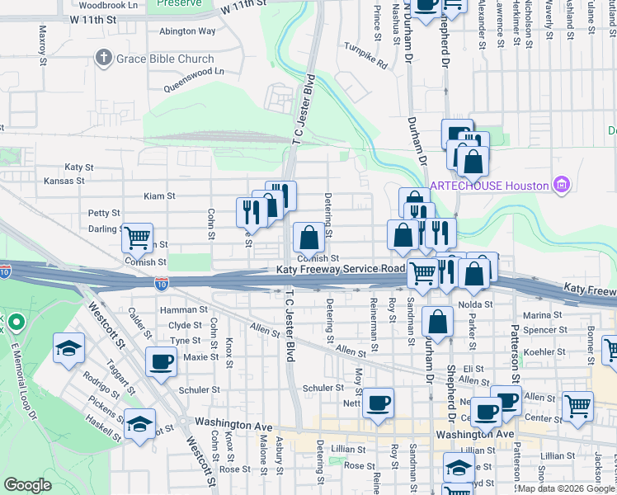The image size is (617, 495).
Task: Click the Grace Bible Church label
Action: [164, 59]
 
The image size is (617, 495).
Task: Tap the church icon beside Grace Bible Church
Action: [103, 59]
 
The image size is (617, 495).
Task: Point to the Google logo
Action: [27, 485]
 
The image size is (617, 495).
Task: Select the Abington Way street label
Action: [187, 31]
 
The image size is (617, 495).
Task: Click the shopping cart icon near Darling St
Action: [138, 237]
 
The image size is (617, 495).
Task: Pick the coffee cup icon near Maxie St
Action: [161, 360]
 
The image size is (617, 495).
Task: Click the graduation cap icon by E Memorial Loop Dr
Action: [68, 347]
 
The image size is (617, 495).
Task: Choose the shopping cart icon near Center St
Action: [578, 405]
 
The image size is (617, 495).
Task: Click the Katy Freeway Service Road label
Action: [341, 270]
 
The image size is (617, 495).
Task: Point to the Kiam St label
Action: [160, 196]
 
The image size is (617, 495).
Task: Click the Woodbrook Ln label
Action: [109, 5]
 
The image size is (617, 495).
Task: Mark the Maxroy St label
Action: [43, 40]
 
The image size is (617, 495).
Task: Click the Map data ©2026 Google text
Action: [567, 488]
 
